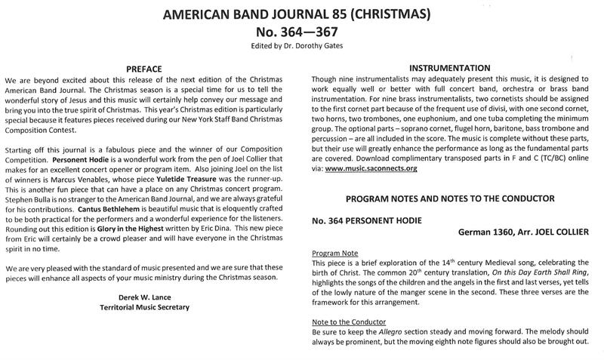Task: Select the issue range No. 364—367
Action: (x=301, y=33)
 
